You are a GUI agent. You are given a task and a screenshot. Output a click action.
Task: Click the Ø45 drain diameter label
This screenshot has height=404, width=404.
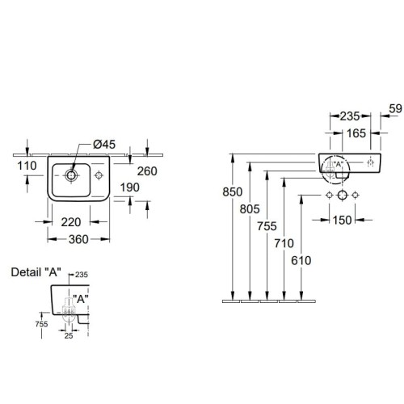pyautogui.click(x=104, y=145)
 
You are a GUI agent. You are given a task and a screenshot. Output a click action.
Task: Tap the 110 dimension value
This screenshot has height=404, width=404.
pyautogui.click(x=27, y=166)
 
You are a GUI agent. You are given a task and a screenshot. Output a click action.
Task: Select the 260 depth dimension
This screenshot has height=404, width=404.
pyautogui.click(x=147, y=171)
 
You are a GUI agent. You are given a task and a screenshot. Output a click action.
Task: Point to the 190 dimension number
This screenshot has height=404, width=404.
pyautogui.click(x=130, y=187)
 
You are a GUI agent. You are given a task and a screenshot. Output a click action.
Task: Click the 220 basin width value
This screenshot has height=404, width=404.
pyautogui.click(x=71, y=222)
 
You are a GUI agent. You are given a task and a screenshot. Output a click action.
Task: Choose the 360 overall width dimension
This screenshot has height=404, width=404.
pyautogui.click(x=78, y=239)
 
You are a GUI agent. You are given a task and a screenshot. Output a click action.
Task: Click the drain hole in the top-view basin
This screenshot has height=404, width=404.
pyautogui.click(x=71, y=175)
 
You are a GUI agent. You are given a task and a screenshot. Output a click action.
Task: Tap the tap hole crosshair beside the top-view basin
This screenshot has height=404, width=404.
pyautogui.click(x=99, y=175)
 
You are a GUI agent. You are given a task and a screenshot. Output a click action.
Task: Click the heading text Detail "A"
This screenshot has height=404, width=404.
pyautogui.click(x=36, y=272)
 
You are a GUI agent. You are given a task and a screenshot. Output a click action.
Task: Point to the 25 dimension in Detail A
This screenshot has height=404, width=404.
pyautogui.click(x=69, y=335)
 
